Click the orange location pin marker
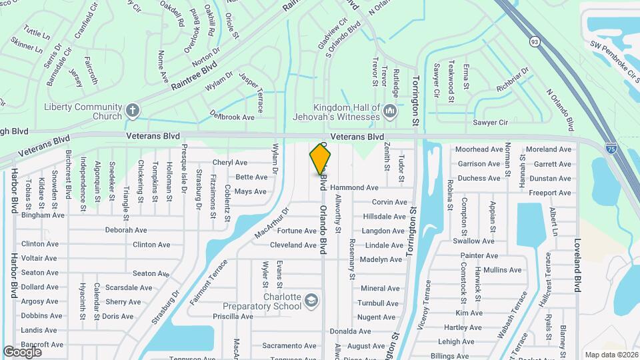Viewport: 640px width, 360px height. [x=321, y=159]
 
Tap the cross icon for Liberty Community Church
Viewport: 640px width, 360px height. [x=133, y=111]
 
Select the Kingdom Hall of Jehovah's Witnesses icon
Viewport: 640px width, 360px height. [x=390, y=110]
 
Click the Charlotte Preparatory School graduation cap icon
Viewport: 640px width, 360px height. [x=310, y=301]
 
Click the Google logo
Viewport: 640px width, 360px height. [x=22, y=352]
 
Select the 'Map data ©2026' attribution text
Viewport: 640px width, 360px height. [x=611, y=355]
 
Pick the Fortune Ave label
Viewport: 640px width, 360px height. [x=297, y=231]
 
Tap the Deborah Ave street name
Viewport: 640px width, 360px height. [x=126, y=230]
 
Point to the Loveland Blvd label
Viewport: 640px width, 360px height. [x=577, y=265]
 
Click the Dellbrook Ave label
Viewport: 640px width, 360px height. [x=232, y=116]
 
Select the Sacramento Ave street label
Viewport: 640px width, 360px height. [x=289, y=345]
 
